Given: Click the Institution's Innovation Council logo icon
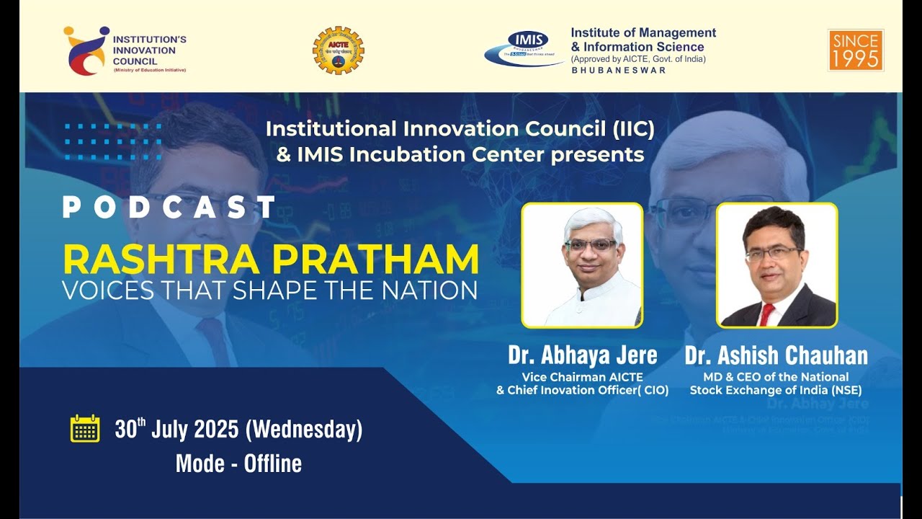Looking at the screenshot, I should coord(85,50).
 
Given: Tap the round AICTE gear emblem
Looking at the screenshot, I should coord(338,50).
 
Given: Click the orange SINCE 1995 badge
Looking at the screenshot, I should coord(855,50).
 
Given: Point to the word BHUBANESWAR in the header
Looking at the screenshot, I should coord(618,71).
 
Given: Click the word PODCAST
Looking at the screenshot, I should coord(169,208).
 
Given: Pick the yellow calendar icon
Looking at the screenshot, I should coord(85,429).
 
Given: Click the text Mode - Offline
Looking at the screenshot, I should coord(238,463).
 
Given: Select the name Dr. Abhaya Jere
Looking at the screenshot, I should coord(582,355).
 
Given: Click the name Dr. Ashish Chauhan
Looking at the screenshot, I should coord(776,355).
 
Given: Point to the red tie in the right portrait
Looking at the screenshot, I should coord(766,314).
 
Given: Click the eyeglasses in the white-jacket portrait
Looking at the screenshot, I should coord(591,245).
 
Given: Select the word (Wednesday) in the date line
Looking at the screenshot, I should coord(303,430).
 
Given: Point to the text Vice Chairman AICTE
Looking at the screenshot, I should coord(582,377).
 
